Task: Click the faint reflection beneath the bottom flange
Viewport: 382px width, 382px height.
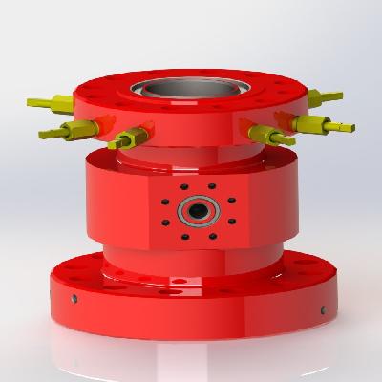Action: point(191,353)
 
